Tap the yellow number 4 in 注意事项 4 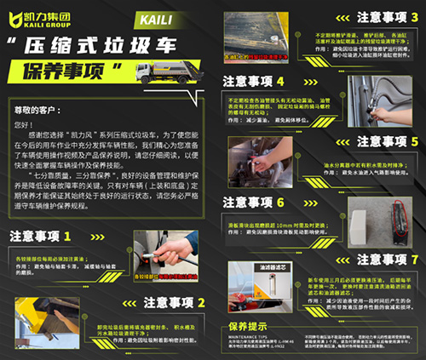click(x=302, y=81)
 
